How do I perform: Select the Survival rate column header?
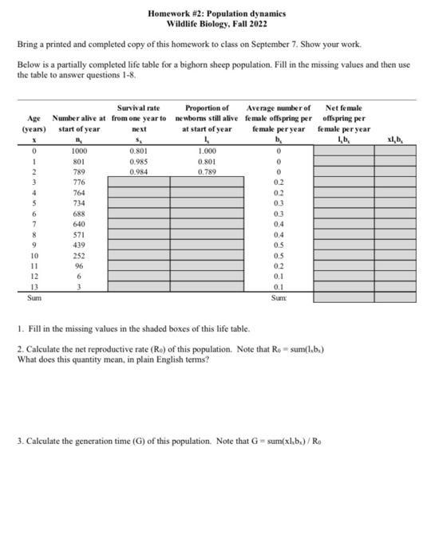click(138, 108)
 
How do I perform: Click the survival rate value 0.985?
click(139, 160)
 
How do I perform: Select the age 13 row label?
click(33, 288)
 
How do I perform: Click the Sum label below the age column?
click(33, 298)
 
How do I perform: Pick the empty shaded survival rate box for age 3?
click(139, 182)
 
